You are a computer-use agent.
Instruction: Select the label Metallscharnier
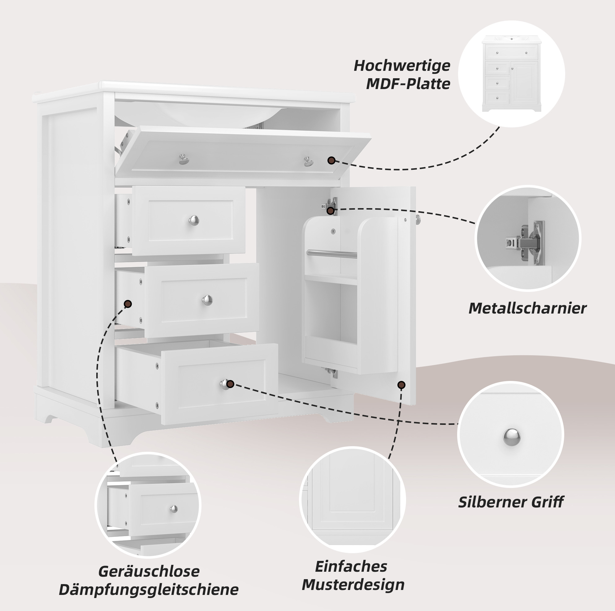coord(527,309)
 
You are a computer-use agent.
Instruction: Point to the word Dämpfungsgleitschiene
coord(149,589)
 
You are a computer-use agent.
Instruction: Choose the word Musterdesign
coord(353,585)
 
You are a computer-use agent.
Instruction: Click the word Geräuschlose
coord(149,571)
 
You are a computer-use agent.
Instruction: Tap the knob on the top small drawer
coord(194,220)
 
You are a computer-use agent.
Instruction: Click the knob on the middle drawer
coord(207,300)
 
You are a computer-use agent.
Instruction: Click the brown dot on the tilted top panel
coord(331,160)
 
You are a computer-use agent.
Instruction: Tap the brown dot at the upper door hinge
coord(331,211)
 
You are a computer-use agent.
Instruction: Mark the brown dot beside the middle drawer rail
coord(128,304)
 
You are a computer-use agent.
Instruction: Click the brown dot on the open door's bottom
coord(402,385)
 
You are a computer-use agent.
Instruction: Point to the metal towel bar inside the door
coord(332,254)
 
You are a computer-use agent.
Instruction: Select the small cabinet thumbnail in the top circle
coord(512,74)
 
